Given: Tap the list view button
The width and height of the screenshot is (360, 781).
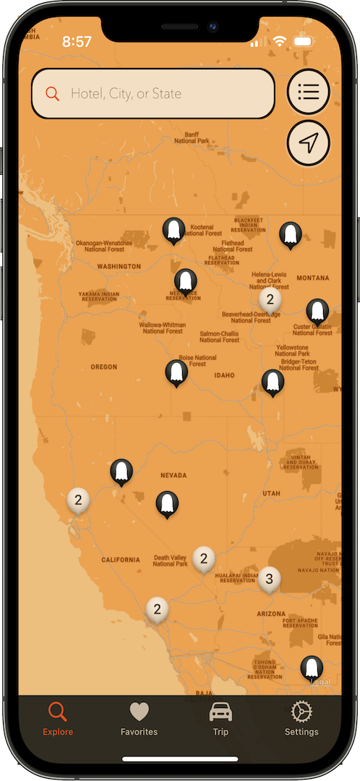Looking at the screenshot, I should (x=308, y=93).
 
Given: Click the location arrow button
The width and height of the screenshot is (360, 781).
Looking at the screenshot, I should (x=308, y=143).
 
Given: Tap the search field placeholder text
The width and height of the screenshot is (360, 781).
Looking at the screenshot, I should (x=126, y=93).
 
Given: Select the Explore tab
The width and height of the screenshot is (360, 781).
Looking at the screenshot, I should (x=58, y=719).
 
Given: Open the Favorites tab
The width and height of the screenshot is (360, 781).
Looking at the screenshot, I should (x=139, y=719).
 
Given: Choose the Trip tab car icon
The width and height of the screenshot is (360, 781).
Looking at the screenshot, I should (x=220, y=713).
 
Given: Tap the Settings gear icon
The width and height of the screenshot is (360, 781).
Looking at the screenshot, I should (x=301, y=713).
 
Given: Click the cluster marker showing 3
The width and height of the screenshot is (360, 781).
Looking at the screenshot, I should (x=270, y=579).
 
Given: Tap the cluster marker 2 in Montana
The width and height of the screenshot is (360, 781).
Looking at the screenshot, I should (x=270, y=299).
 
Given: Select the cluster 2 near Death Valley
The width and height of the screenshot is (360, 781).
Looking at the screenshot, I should (x=204, y=558).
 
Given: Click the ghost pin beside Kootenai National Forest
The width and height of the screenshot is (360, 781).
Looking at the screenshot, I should (x=173, y=230).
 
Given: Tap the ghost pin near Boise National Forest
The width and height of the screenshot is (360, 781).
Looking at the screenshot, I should (x=176, y=372).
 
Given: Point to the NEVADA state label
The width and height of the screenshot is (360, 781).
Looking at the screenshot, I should (x=173, y=475).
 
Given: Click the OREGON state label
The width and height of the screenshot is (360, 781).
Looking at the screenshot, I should (x=104, y=367).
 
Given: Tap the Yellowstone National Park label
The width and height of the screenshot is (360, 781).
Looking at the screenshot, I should (x=292, y=351).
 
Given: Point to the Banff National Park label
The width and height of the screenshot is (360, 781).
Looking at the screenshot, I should (x=192, y=137).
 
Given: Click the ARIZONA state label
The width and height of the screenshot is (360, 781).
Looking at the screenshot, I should (x=271, y=613).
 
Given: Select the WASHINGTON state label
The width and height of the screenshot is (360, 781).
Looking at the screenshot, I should (x=119, y=266).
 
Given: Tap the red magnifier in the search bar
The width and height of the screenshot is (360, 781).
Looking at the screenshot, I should (x=52, y=93).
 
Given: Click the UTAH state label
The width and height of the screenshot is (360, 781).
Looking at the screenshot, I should (x=271, y=493).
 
